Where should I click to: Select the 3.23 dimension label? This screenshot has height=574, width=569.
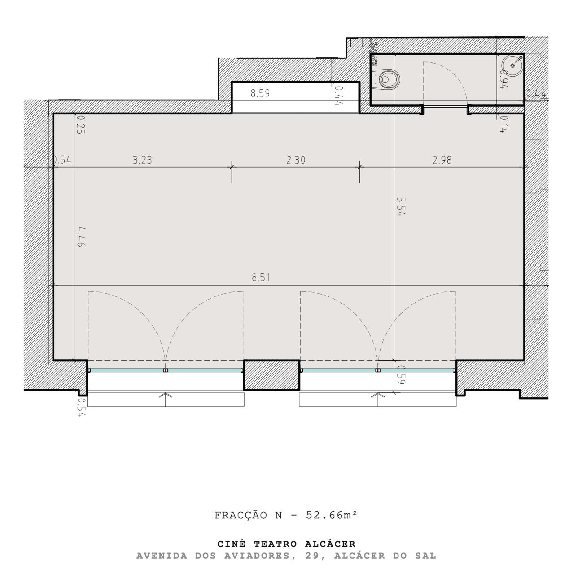tap(142, 160)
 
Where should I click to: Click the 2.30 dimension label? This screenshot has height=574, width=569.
tap(296, 160)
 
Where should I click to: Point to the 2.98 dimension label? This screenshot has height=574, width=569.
tap(442, 160)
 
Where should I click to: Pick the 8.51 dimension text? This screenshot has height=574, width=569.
tap(261, 278)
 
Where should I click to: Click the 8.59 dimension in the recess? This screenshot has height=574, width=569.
tap(260, 94)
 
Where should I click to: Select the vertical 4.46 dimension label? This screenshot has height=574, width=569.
tap(81, 237)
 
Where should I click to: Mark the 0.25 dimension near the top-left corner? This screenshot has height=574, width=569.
tap(81, 124)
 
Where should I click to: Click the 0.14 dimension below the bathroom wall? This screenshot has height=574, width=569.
tap(503, 124)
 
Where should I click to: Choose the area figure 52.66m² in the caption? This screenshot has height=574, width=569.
tap(332, 515)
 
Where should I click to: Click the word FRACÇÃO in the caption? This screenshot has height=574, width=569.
tap(241, 515)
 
